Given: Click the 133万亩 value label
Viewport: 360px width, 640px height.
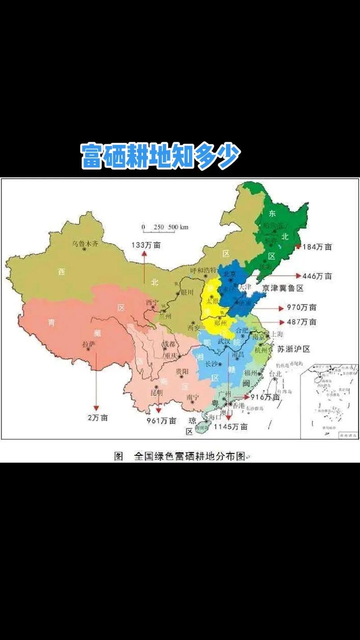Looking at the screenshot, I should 146,245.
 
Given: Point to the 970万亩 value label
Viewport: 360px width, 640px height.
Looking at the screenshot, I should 301,308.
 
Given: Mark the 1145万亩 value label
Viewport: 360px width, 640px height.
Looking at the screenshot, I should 230,427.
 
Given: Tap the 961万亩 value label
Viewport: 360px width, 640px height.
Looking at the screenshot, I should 161,421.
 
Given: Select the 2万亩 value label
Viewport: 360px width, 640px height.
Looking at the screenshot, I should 98,418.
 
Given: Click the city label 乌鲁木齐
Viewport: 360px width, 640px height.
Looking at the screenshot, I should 85,243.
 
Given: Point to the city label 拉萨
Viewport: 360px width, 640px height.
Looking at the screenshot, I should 89,344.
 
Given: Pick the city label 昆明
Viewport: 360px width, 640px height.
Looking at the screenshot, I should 157,392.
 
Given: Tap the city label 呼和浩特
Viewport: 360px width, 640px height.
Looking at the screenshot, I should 203,270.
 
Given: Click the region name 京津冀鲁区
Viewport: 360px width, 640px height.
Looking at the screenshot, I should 284,288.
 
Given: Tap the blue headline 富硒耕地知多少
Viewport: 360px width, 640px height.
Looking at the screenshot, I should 161,157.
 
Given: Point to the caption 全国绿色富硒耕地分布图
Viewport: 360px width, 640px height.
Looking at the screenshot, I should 189,456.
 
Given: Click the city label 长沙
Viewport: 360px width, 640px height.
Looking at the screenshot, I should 213,364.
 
